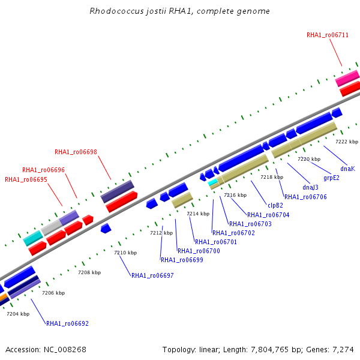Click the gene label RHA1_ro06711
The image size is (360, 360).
[328, 35]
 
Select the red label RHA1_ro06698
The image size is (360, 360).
[76, 152]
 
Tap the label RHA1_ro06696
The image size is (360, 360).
[43, 170]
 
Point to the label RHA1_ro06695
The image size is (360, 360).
[26, 179]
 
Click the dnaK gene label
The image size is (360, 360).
[347, 169]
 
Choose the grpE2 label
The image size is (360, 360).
[331, 178]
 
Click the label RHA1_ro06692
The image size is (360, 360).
[67, 323]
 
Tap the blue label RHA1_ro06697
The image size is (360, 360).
[152, 275]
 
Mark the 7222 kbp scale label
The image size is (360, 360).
[346, 142]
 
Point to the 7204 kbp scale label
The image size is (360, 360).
[18, 314]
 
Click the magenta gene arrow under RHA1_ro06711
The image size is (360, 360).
[347, 79]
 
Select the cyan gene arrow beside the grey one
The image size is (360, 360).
[32, 238]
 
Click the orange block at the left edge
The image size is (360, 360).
[3, 297]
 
